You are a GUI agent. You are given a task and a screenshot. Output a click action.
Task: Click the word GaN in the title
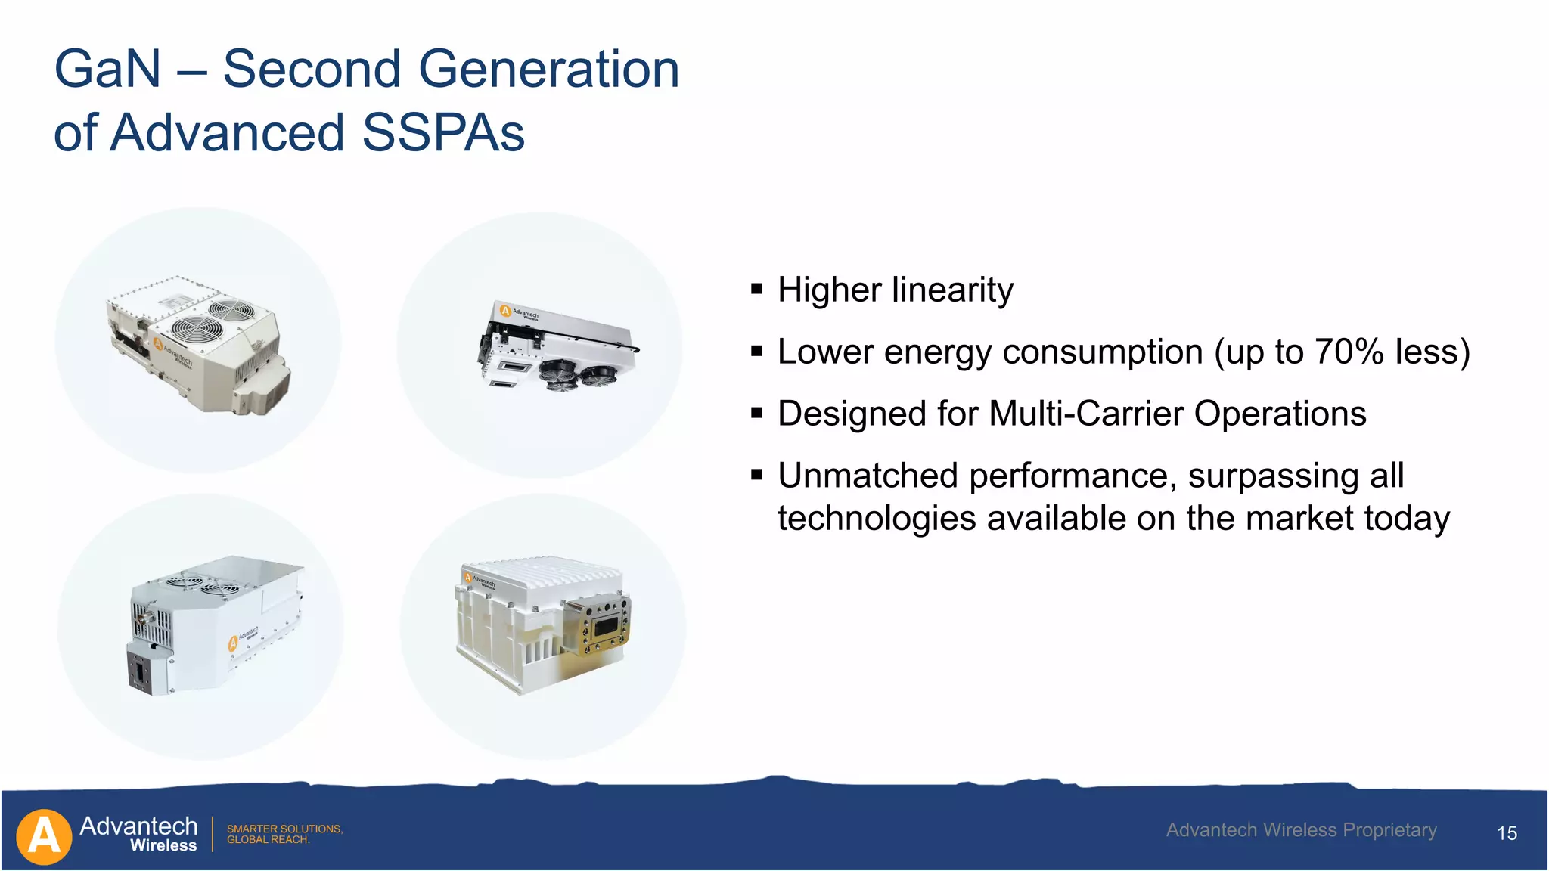[x=107, y=70]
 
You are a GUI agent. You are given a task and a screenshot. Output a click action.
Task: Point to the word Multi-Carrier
[x=1087, y=414]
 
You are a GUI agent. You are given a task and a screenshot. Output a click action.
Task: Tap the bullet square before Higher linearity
[x=756, y=289]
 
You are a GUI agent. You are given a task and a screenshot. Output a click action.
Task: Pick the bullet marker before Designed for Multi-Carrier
[x=756, y=413]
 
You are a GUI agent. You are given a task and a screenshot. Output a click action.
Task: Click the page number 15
[x=1507, y=833]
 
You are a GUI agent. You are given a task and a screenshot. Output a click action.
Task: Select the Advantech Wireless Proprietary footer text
[x=1301, y=830]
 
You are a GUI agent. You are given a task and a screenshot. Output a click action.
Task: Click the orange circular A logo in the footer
[x=44, y=836]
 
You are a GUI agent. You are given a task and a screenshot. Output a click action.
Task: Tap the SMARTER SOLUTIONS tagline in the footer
[x=284, y=829]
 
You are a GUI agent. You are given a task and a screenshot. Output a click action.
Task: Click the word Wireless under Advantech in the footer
[x=163, y=846]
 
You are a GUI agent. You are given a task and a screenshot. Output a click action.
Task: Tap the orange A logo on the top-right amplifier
[x=505, y=310]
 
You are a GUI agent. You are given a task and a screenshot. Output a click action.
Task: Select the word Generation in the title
[x=548, y=70]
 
